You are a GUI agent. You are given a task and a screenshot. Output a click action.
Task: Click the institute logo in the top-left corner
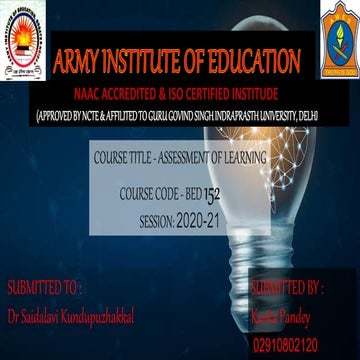(23, 40)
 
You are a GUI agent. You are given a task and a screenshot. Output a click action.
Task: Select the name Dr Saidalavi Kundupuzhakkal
(70, 317)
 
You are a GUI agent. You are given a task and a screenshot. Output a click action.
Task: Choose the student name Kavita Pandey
(290, 317)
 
